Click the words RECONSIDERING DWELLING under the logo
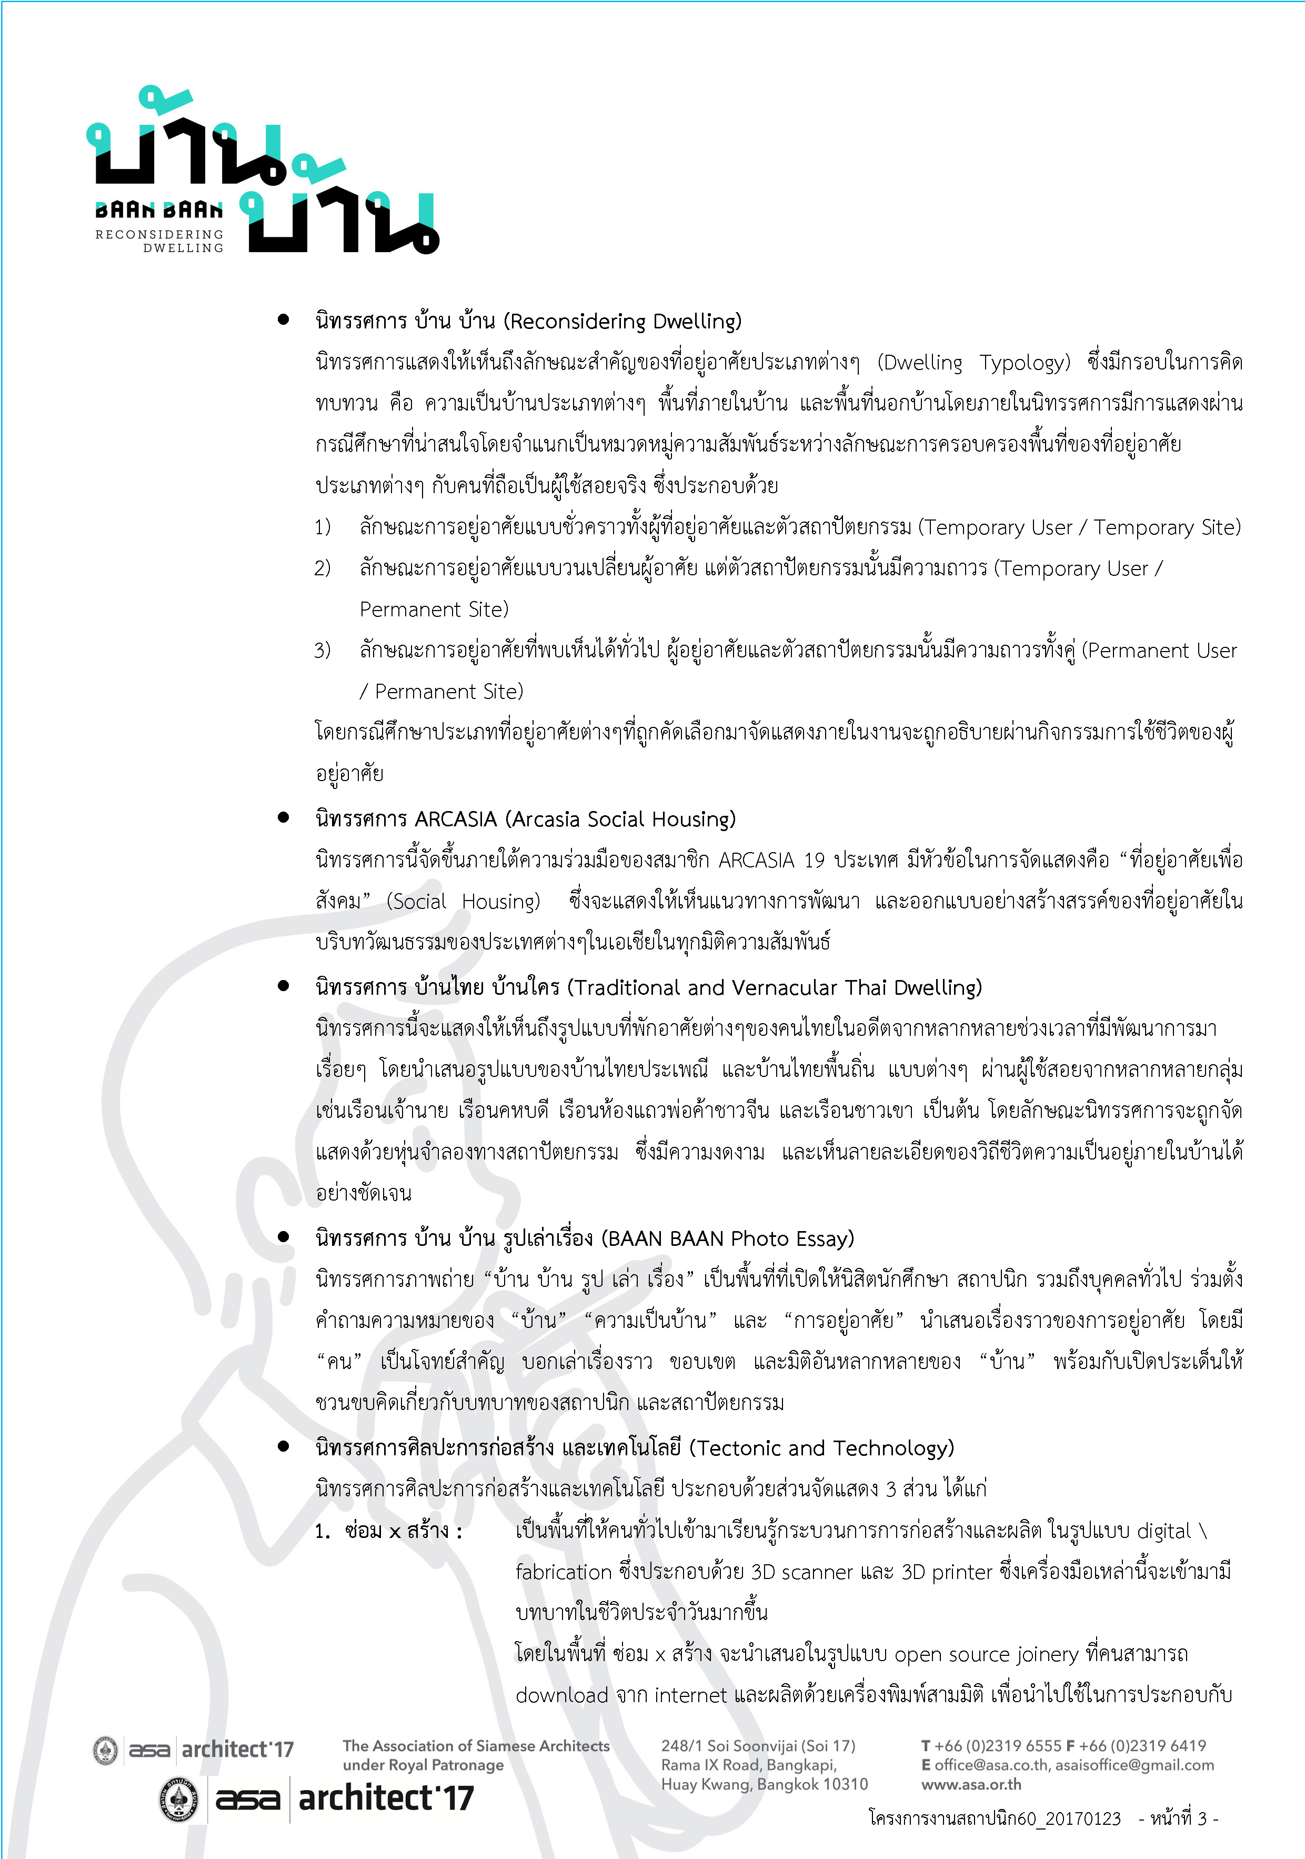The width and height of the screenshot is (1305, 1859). point(159,241)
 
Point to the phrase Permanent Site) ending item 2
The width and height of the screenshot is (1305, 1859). point(434,609)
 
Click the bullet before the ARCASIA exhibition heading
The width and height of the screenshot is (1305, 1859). point(283,818)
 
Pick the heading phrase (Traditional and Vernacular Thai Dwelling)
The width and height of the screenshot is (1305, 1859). point(774,988)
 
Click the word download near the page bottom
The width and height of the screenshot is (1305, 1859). point(562,1695)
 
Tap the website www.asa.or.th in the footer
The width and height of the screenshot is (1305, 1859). point(971,1784)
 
